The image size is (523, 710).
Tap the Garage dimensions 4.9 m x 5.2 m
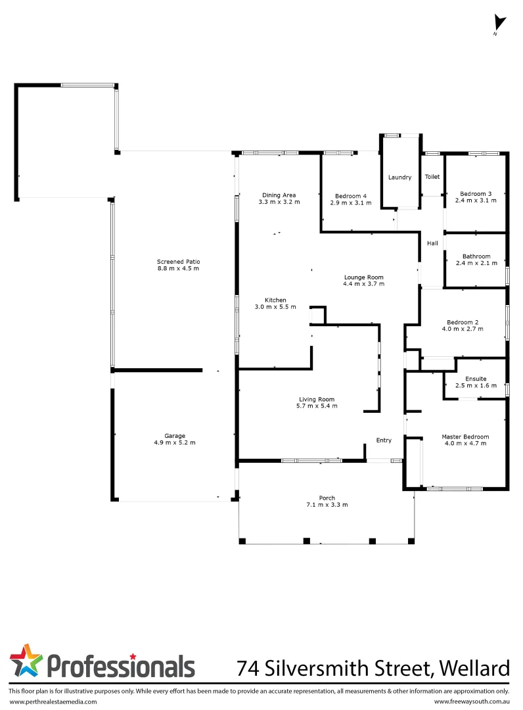[175, 442]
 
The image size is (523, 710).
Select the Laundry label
[399, 177]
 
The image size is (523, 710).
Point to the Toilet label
[432, 177]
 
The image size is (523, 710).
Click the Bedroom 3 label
[476, 193]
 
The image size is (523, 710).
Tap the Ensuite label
[475, 379]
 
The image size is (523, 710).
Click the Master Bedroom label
[465, 437]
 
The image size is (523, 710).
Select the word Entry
[383, 440]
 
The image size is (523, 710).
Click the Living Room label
[317, 399]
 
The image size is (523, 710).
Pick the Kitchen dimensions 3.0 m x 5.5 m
[275, 307]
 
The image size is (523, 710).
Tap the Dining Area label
[279, 195]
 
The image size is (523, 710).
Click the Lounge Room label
[363, 277]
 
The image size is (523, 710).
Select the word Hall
[432, 243]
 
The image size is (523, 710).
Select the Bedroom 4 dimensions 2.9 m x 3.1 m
[353, 203]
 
